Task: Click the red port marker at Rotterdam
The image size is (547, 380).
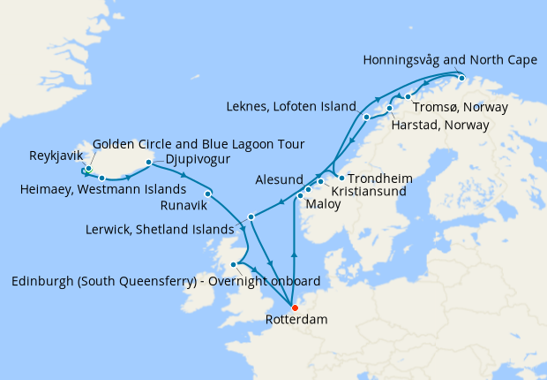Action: [295, 308]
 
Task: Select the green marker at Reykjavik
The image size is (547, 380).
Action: [89, 168]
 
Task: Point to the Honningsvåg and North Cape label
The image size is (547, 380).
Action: [449, 61]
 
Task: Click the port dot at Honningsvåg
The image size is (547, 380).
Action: [461, 78]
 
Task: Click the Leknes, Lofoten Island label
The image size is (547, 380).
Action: [299, 103]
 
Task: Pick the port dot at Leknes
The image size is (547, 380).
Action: [365, 117]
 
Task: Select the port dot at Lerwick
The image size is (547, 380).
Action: [251, 217]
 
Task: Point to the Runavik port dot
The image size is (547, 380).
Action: [207, 194]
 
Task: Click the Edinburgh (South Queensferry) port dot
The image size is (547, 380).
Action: [234, 264]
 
